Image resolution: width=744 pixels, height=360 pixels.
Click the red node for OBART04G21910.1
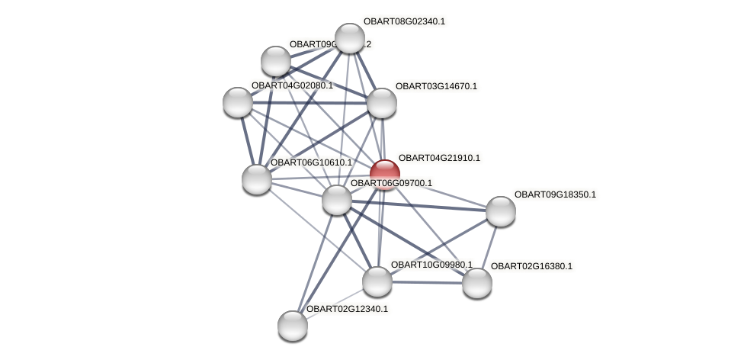[385, 173]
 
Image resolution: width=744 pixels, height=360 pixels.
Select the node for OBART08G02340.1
[350, 38]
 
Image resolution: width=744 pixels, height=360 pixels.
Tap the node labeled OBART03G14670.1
[382, 103]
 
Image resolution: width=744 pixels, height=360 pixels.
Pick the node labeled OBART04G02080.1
[238, 102]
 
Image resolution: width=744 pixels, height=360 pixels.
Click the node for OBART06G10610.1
[257, 179]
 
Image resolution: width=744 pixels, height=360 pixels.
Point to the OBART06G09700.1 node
[337, 200]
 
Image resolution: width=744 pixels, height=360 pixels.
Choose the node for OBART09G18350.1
[501, 211]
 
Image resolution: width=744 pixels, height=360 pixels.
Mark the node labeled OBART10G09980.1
[377, 281]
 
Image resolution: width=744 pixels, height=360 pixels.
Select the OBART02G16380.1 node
[477, 283]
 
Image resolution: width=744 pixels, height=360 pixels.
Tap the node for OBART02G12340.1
[293, 326]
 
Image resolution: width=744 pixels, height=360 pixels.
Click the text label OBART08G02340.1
[404, 21]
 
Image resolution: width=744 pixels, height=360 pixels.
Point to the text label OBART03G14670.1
[436, 86]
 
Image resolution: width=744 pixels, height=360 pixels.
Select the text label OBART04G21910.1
[439, 158]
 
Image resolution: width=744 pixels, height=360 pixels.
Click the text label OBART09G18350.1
[555, 194]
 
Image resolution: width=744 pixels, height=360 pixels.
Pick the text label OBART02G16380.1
[531, 266]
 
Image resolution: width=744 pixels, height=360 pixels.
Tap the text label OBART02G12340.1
[347, 309]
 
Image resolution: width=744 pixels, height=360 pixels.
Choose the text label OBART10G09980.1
[431, 265]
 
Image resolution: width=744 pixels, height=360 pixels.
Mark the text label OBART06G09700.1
[391, 183]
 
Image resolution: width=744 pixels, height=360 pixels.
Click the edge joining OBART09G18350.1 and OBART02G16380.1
[489, 246]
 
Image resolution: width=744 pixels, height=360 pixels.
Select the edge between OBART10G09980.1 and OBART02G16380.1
[427, 282]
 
